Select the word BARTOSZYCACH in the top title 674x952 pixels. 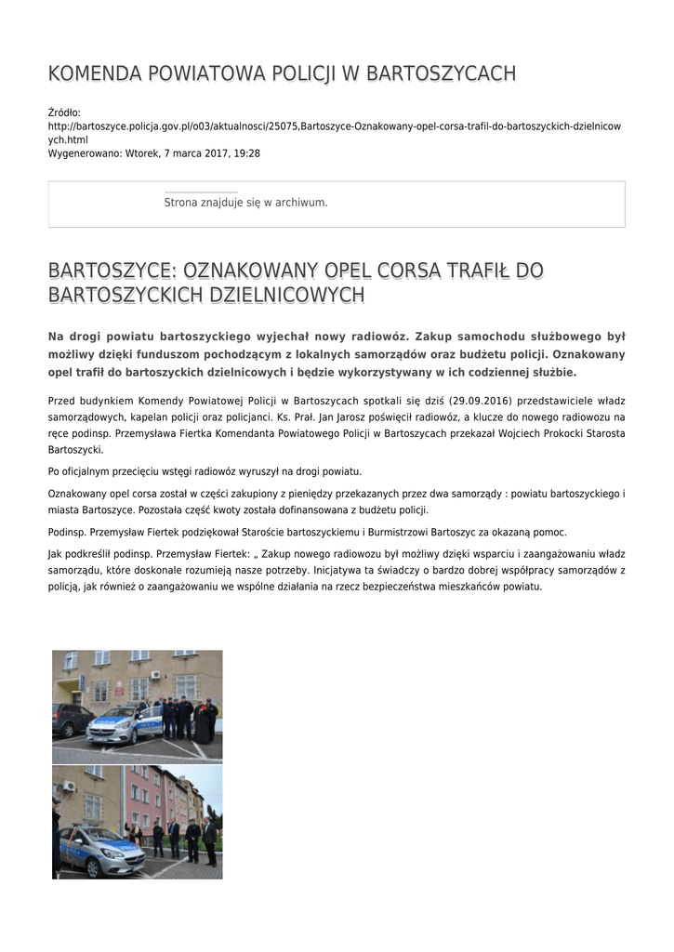[441, 73]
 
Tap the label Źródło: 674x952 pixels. [64, 112]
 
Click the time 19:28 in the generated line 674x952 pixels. [247, 153]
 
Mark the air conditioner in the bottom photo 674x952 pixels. [68, 787]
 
